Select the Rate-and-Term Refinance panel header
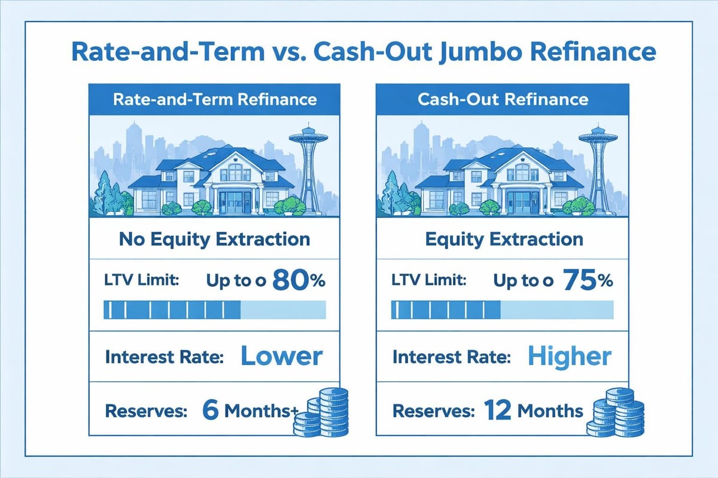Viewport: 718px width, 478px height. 215,99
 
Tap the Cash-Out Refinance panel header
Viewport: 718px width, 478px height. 503,99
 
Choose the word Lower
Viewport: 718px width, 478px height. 281,357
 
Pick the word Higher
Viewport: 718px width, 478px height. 570,357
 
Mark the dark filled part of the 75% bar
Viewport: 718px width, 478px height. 446,310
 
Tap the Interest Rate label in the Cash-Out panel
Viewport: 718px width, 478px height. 452,358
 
